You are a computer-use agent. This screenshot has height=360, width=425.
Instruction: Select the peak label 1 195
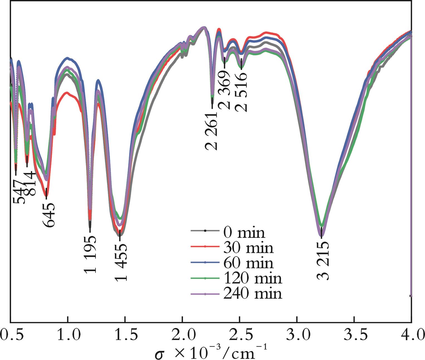click(90, 254)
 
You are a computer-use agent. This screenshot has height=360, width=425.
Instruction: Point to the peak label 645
click(49, 215)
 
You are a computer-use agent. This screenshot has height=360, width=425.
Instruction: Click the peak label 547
click(18, 191)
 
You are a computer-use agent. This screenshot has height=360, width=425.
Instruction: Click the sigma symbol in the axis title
click(160, 354)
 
